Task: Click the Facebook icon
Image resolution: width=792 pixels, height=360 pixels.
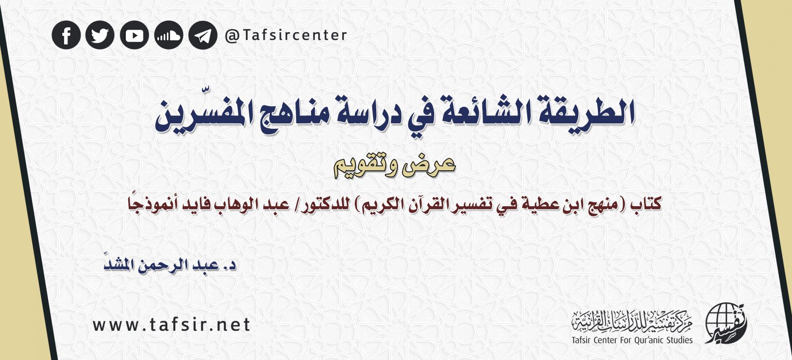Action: [x=66, y=35]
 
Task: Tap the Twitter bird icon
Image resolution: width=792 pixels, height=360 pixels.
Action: [x=100, y=35]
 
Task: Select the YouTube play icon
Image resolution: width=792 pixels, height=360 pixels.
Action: [x=134, y=35]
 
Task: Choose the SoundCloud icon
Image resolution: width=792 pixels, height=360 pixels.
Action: [x=169, y=35]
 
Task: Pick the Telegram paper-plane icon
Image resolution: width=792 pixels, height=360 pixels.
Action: [x=203, y=35]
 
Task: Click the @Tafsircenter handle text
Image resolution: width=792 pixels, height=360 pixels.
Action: [x=286, y=35]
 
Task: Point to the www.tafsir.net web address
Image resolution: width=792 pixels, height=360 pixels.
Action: [x=172, y=325]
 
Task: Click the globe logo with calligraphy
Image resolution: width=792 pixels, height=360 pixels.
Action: [x=726, y=323]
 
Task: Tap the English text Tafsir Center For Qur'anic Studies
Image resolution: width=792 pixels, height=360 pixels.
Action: [x=632, y=340]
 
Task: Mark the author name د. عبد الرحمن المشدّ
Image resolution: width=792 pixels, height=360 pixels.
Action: [x=170, y=265]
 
